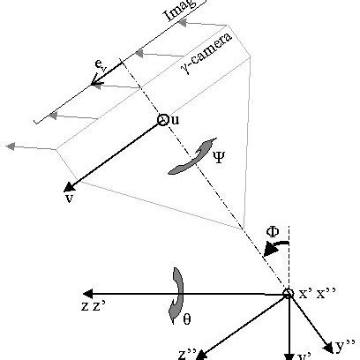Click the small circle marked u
pos(162,121)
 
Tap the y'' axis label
pos(344,341)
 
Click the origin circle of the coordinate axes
pos(288,294)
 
